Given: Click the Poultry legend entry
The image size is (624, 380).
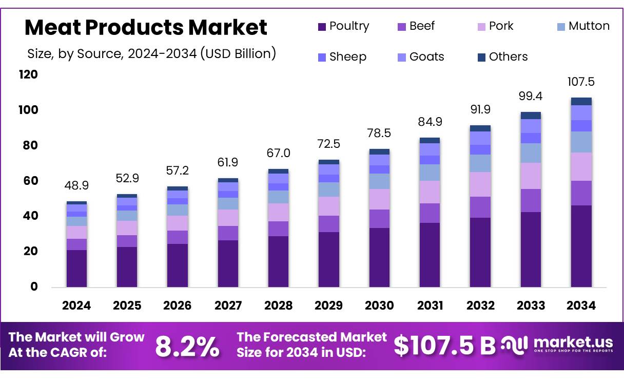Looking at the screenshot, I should [x=343, y=26].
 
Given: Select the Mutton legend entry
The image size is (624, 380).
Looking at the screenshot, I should [x=583, y=26].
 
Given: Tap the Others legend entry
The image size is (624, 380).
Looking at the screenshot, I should [x=502, y=56].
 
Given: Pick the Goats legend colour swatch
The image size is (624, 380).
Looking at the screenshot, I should [x=402, y=57].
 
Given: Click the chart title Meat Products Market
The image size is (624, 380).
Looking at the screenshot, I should [x=146, y=27].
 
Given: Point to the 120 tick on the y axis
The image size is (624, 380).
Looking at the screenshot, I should [x=28, y=75].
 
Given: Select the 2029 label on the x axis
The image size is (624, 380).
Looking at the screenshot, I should [x=328, y=306].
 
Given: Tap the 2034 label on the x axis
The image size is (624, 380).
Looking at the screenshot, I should [x=581, y=306].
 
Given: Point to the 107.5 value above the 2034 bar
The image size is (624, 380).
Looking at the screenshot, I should [x=581, y=82].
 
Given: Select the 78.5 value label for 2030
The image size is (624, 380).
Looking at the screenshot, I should [x=379, y=133].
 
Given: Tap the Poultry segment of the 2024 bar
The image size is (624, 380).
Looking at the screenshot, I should [x=76, y=268].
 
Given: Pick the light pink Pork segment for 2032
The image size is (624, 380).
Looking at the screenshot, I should [x=480, y=184].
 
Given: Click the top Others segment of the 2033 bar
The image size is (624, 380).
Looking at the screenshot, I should [x=531, y=116].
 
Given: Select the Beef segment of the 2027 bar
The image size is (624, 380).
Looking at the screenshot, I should [x=228, y=233].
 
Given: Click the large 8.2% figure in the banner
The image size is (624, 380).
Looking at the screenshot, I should [x=187, y=347].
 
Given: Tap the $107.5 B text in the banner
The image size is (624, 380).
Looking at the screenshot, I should [x=444, y=346].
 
